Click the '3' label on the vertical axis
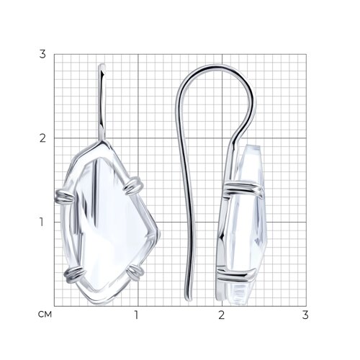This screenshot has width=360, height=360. tap(42, 54)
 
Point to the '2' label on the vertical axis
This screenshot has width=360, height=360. tap(42, 138)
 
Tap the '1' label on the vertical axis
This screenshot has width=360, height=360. tap(42, 222)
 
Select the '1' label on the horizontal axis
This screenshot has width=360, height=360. tap(136, 315)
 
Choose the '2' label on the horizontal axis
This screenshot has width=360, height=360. tap(221, 315)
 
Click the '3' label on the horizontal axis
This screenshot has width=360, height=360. tap(305, 315)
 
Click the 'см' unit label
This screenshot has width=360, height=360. tap(45, 315)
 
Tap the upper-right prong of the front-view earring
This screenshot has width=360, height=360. tap(133, 186)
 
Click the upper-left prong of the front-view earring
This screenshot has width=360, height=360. tap(65, 196)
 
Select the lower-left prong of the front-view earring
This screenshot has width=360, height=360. tap(74, 275)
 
